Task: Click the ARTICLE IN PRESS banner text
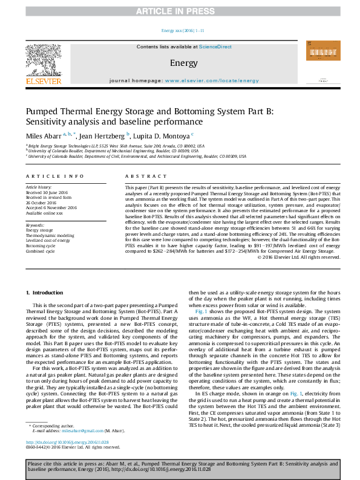click(180, 11)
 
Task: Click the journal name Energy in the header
click(180, 63)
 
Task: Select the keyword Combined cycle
click(41, 251)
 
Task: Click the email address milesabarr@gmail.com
click(84, 431)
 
